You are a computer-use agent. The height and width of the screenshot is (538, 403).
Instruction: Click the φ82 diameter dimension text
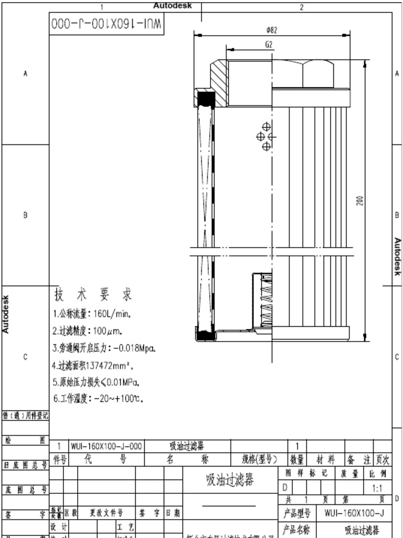coord(271,30)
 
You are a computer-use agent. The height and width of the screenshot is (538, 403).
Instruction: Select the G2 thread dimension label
coord(269,45)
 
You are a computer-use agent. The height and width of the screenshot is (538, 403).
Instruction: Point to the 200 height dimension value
coord(360,201)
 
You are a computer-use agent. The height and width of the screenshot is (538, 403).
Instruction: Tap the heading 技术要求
coord(93,294)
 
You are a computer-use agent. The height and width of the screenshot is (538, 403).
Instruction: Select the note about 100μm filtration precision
coord(87,332)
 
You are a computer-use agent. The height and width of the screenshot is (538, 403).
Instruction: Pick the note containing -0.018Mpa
coord(104,348)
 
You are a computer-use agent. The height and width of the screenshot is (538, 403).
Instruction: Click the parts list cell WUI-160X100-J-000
coord(107,447)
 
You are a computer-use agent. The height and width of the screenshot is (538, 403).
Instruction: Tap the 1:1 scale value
coord(377,488)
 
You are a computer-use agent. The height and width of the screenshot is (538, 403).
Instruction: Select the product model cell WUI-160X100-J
coord(354,513)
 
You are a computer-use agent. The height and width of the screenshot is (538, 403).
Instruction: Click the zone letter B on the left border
coord(25,215)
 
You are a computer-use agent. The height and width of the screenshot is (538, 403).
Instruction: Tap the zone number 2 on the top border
coord(302,7)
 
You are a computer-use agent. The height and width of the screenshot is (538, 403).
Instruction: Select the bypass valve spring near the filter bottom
coord(267,302)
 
